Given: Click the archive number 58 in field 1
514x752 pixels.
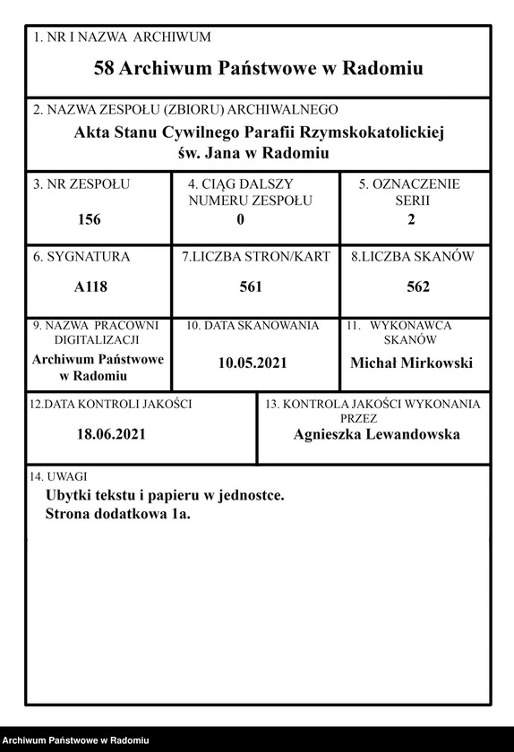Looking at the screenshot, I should [x=104, y=68].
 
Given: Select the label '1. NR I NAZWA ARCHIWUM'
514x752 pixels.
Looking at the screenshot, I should [x=122, y=38].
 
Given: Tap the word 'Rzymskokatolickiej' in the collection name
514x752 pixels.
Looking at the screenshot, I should [x=383, y=133].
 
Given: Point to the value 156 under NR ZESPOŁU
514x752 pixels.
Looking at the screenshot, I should [x=90, y=219].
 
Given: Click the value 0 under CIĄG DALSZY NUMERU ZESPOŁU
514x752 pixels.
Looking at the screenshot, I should [x=240, y=219].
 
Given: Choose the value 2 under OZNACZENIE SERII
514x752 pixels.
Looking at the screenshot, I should [x=411, y=219].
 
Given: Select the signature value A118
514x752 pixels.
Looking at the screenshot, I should [x=90, y=287].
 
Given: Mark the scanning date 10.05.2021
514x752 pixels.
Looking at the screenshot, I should [x=253, y=363].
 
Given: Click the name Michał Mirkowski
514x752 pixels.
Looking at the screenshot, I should [x=411, y=363].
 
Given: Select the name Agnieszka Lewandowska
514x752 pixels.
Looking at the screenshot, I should [x=376, y=434].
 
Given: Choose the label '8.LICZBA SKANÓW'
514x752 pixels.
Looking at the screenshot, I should [x=413, y=257].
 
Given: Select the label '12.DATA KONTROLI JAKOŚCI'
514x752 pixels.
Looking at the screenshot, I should [x=111, y=405].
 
